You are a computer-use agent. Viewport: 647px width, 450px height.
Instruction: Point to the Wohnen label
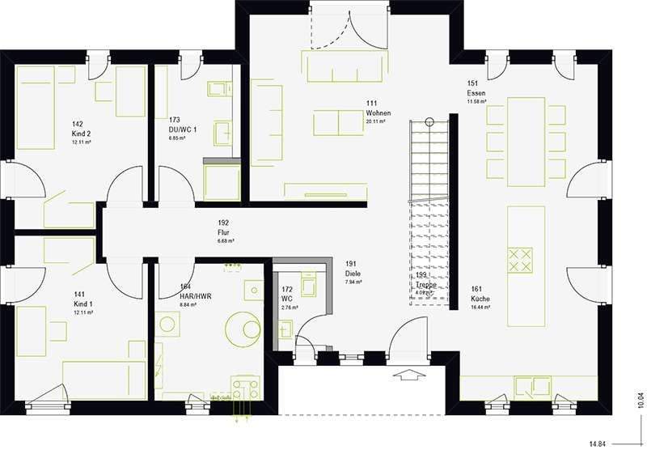pyautogui.click(x=378, y=113)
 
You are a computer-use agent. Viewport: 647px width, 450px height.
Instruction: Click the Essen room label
pyautogui.click(x=476, y=93)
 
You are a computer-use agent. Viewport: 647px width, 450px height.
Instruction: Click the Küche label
pyautogui.click(x=480, y=299)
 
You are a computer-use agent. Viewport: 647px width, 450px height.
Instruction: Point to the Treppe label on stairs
pyautogui.click(x=425, y=285)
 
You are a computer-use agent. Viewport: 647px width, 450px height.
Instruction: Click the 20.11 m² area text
pyautogui.click(x=378, y=122)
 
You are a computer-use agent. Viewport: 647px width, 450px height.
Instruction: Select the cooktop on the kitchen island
pyautogui.click(x=519, y=259)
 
